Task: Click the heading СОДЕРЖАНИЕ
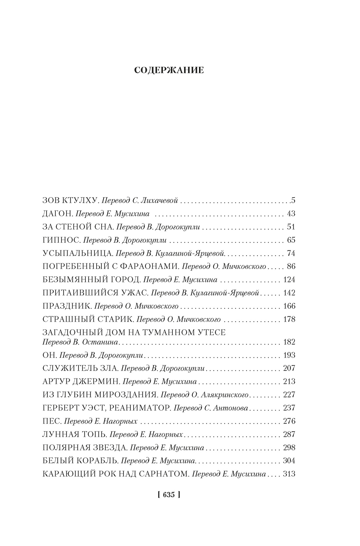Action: click(169, 70)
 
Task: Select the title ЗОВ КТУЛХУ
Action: click(70, 200)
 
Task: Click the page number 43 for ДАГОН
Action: click(291, 214)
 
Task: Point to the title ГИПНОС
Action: click(61, 240)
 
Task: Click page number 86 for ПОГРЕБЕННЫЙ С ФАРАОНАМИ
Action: click(291, 266)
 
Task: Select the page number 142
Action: click(289, 293)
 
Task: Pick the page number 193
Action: click(289, 355)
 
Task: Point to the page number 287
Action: click(289, 434)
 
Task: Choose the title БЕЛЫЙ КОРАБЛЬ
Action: click(80, 461)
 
